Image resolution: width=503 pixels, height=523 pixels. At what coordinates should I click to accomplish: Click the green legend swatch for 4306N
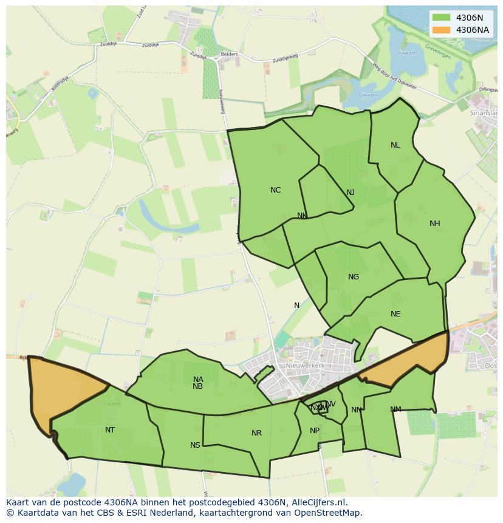(442, 18)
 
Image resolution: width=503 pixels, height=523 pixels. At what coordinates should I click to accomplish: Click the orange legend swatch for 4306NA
(442, 30)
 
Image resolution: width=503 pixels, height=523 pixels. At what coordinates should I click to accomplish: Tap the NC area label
(275, 190)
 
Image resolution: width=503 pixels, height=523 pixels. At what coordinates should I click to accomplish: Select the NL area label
(395, 145)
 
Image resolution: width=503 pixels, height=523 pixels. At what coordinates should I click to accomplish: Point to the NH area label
(434, 224)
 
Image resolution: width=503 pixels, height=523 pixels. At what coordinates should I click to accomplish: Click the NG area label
(353, 277)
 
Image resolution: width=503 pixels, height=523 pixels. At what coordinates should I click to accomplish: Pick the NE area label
(395, 314)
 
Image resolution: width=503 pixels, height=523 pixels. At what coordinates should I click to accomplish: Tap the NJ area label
(351, 193)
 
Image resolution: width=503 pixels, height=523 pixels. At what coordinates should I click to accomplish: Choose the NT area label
(109, 430)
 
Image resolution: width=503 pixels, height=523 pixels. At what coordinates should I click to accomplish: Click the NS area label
(195, 445)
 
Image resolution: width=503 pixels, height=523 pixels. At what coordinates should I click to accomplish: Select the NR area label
(256, 433)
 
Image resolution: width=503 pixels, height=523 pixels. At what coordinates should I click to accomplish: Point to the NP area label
(314, 431)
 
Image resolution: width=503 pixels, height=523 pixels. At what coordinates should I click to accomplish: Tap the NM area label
(395, 409)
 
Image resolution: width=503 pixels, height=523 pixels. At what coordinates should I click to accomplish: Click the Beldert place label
(229, 54)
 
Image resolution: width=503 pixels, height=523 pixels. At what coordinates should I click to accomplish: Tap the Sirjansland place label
(484, 113)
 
